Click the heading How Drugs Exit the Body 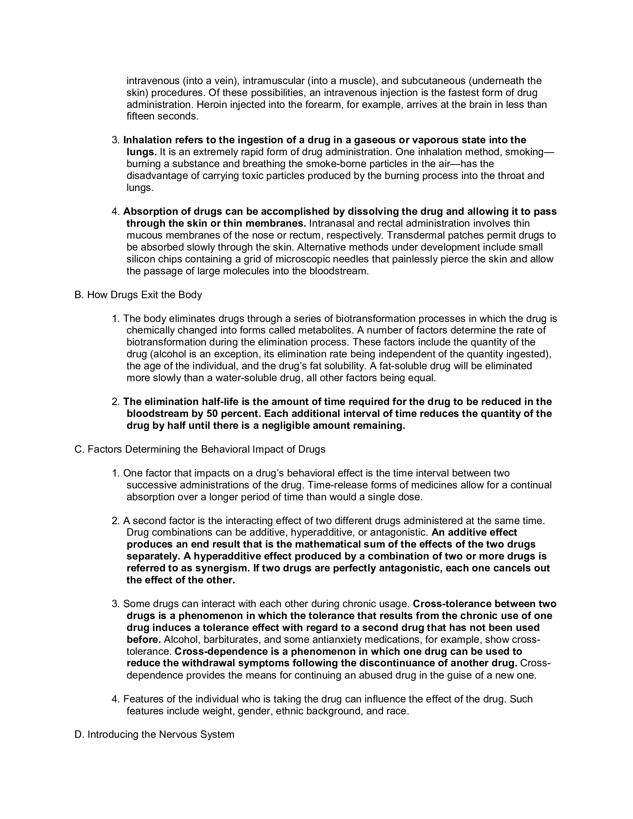(144, 295)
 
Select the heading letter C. (78, 450)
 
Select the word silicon (141, 259)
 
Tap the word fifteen (140, 117)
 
